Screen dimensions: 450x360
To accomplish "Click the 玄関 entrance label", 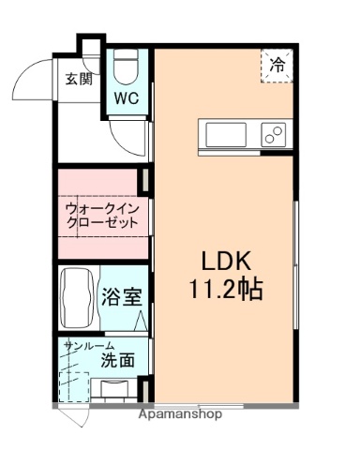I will [x=79, y=80].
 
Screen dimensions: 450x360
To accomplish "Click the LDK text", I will [x=225, y=261].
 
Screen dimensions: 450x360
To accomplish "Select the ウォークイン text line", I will [x=101, y=207].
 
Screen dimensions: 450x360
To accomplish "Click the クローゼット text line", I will [x=101, y=223].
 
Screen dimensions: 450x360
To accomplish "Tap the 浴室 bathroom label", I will [x=122, y=300].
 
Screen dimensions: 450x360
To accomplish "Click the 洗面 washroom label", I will [x=117, y=359].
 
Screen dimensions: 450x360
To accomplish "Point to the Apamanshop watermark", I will [x=180, y=412].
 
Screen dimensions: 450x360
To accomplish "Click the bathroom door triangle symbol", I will [x=141, y=321].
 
